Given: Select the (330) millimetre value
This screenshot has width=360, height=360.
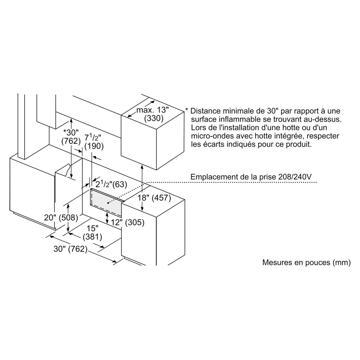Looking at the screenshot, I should coord(154,118).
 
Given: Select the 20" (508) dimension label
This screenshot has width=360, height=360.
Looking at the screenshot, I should coord(61,218).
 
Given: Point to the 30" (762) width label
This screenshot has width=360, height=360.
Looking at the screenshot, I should coord(70,249).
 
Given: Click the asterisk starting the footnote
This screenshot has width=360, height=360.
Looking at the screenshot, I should coord(187,111).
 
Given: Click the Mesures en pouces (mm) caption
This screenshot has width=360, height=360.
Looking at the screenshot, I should coord(306,262).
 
